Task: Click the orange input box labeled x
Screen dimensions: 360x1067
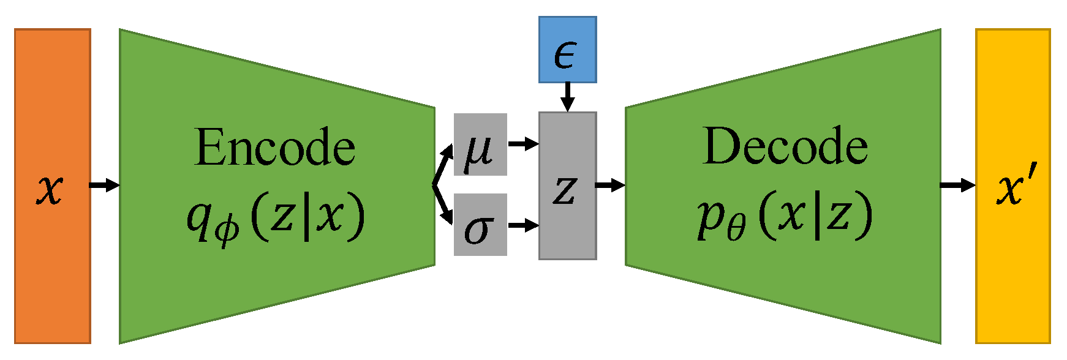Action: (53, 186)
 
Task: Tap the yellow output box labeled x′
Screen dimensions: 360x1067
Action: (1012, 186)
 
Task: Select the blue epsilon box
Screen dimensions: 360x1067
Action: (567, 50)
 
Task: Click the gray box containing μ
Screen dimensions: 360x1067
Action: (480, 144)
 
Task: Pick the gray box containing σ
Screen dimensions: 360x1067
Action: (480, 225)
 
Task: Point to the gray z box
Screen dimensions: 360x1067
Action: (567, 186)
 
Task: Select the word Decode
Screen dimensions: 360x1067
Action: (785, 146)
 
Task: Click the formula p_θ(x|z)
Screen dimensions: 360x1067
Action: (785, 217)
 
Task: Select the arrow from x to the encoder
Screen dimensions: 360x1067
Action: (105, 185)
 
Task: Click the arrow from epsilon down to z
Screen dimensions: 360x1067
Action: (567, 97)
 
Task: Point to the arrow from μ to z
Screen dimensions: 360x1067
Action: (523, 144)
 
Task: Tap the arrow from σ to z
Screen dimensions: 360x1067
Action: (523, 225)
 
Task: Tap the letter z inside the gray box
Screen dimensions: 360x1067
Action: (565, 190)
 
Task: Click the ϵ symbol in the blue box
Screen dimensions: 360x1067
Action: (565, 54)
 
